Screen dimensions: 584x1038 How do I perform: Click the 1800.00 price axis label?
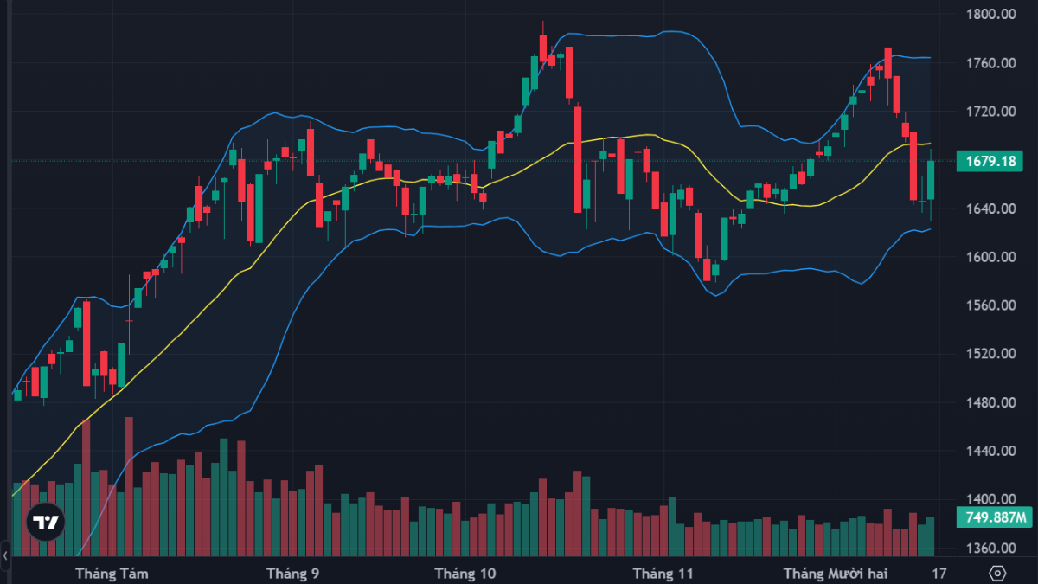(x=993, y=15)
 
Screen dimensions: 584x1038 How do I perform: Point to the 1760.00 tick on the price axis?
(x=993, y=63)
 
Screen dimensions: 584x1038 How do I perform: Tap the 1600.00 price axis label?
(x=993, y=257)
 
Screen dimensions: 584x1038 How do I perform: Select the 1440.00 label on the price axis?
(x=993, y=451)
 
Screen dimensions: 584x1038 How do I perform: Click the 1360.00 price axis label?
(x=993, y=548)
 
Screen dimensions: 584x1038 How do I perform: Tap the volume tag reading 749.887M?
(x=995, y=518)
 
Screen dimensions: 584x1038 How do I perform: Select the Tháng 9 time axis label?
(x=293, y=574)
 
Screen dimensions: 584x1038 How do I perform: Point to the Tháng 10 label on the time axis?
(x=465, y=574)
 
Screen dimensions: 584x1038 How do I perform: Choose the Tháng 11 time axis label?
(x=663, y=574)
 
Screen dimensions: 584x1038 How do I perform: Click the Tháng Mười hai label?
(x=836, y=574)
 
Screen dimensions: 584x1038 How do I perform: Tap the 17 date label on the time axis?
(x=939, y=574)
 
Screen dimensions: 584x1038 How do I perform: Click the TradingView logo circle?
(x=44, y=522)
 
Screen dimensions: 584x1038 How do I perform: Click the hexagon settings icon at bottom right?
(x=997, y=574)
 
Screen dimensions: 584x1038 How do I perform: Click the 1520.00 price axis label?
(x=993, y=354)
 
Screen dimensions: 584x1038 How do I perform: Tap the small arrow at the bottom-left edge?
(x=5, y=555)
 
